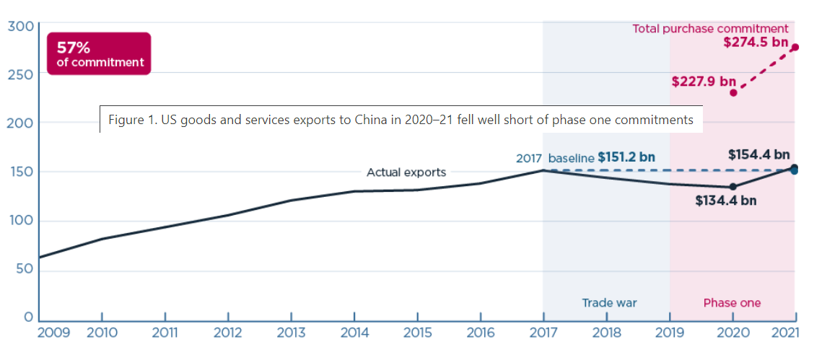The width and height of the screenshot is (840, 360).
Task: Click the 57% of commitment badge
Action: click(98, 54)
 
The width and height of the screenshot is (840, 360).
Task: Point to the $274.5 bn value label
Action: click(756, 43)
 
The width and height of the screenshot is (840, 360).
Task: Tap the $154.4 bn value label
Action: click(758, 154)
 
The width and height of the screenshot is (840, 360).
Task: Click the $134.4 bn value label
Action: click(726, 201)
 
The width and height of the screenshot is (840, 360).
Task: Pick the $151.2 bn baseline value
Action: click(627, 157)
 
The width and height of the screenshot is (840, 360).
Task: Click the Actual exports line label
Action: click(406, 172)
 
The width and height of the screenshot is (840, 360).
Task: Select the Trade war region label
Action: click(610, 303)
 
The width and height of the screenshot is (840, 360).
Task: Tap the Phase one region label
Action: click(732, 303)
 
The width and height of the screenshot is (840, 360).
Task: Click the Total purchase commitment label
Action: click(710, 29)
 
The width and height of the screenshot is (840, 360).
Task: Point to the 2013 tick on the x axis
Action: click(291, 333)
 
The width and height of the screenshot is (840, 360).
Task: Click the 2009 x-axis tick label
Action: click(53, 333)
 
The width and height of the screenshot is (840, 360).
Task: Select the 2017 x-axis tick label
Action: click(543, 333)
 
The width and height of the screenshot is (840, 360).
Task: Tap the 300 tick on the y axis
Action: click(20, 27)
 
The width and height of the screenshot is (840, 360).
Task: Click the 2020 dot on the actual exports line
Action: click(733, 187)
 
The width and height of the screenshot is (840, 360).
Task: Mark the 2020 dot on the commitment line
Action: click(733, 92)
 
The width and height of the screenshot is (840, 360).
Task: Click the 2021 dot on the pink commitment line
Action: click(795, 48)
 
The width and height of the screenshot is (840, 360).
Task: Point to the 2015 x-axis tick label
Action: click(417, 333)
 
